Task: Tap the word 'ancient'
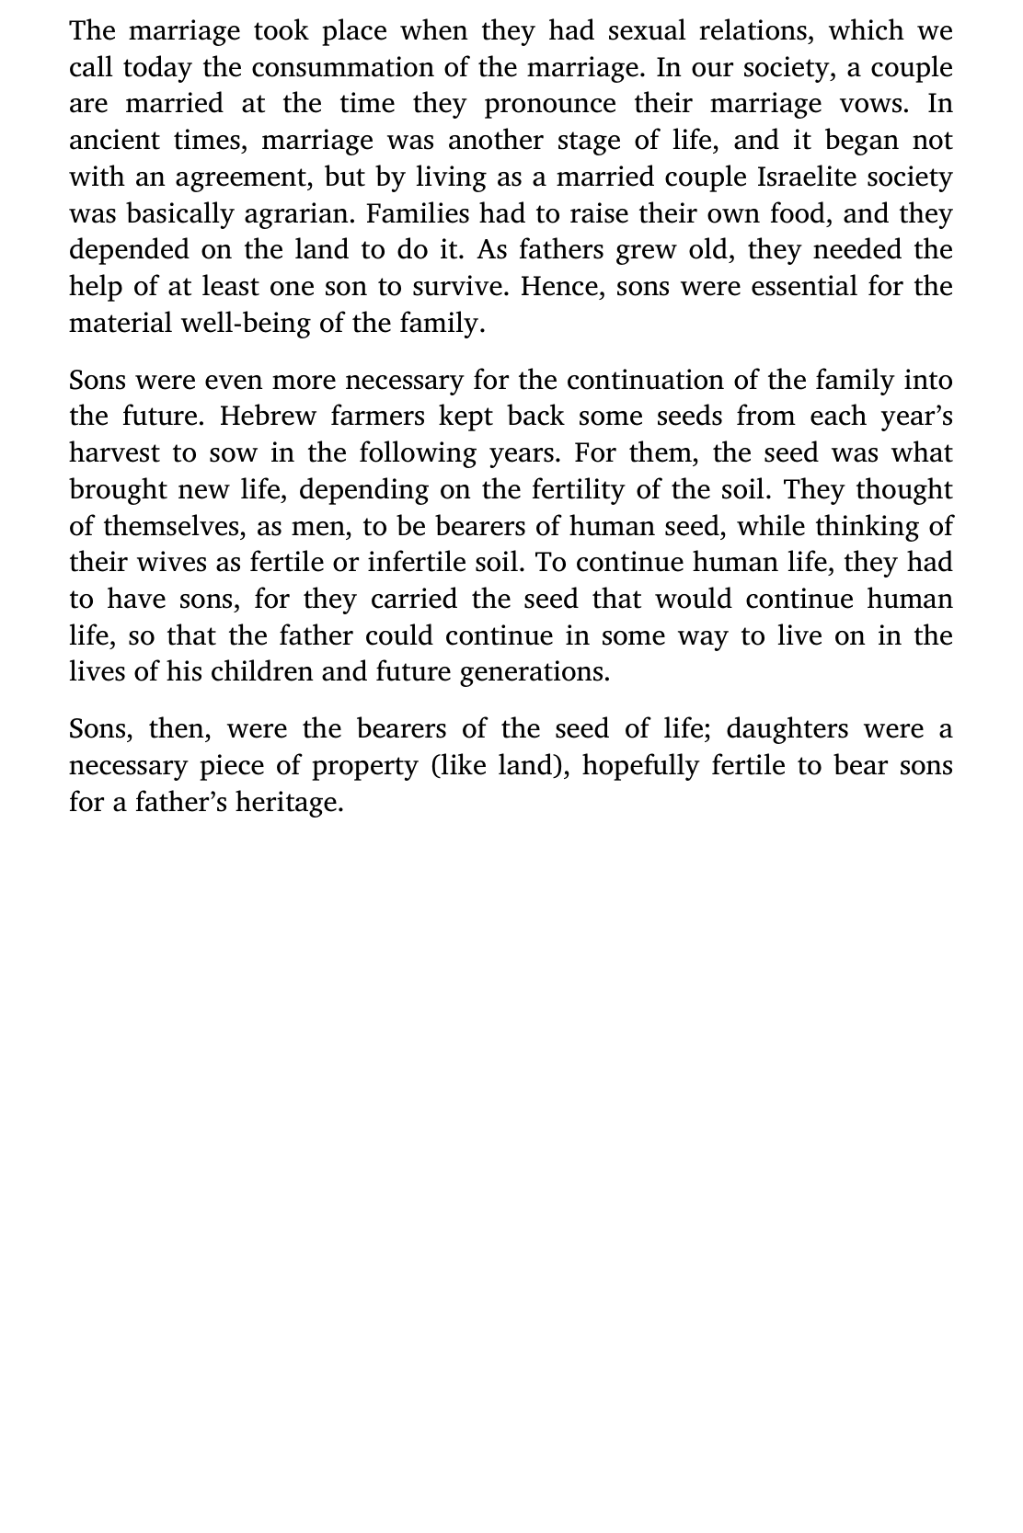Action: [113, 141]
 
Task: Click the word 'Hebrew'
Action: [268, 417]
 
